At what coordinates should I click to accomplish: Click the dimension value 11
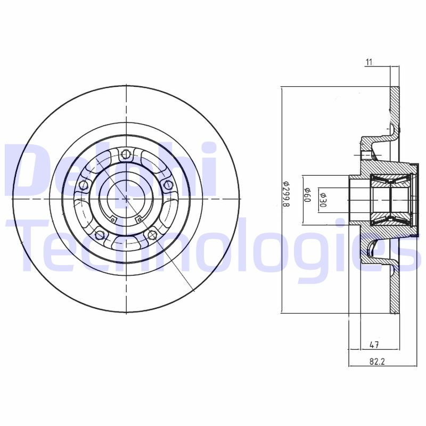coord(368,62)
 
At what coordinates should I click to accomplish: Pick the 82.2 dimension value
coord(376,362)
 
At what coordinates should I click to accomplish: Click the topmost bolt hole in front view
coord(126,154)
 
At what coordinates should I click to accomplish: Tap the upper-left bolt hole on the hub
coord(83,185)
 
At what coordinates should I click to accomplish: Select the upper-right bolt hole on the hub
coord(168,185)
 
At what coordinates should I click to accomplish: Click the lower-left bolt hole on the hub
coord(99,234)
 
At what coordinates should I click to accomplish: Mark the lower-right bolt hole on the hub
coord(152,234)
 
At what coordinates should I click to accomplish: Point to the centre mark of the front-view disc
coord(126,199)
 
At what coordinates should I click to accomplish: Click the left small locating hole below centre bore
coord(113,218)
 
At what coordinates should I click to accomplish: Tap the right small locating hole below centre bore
coord(138,218)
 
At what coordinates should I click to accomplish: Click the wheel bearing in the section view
coord(391,198)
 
